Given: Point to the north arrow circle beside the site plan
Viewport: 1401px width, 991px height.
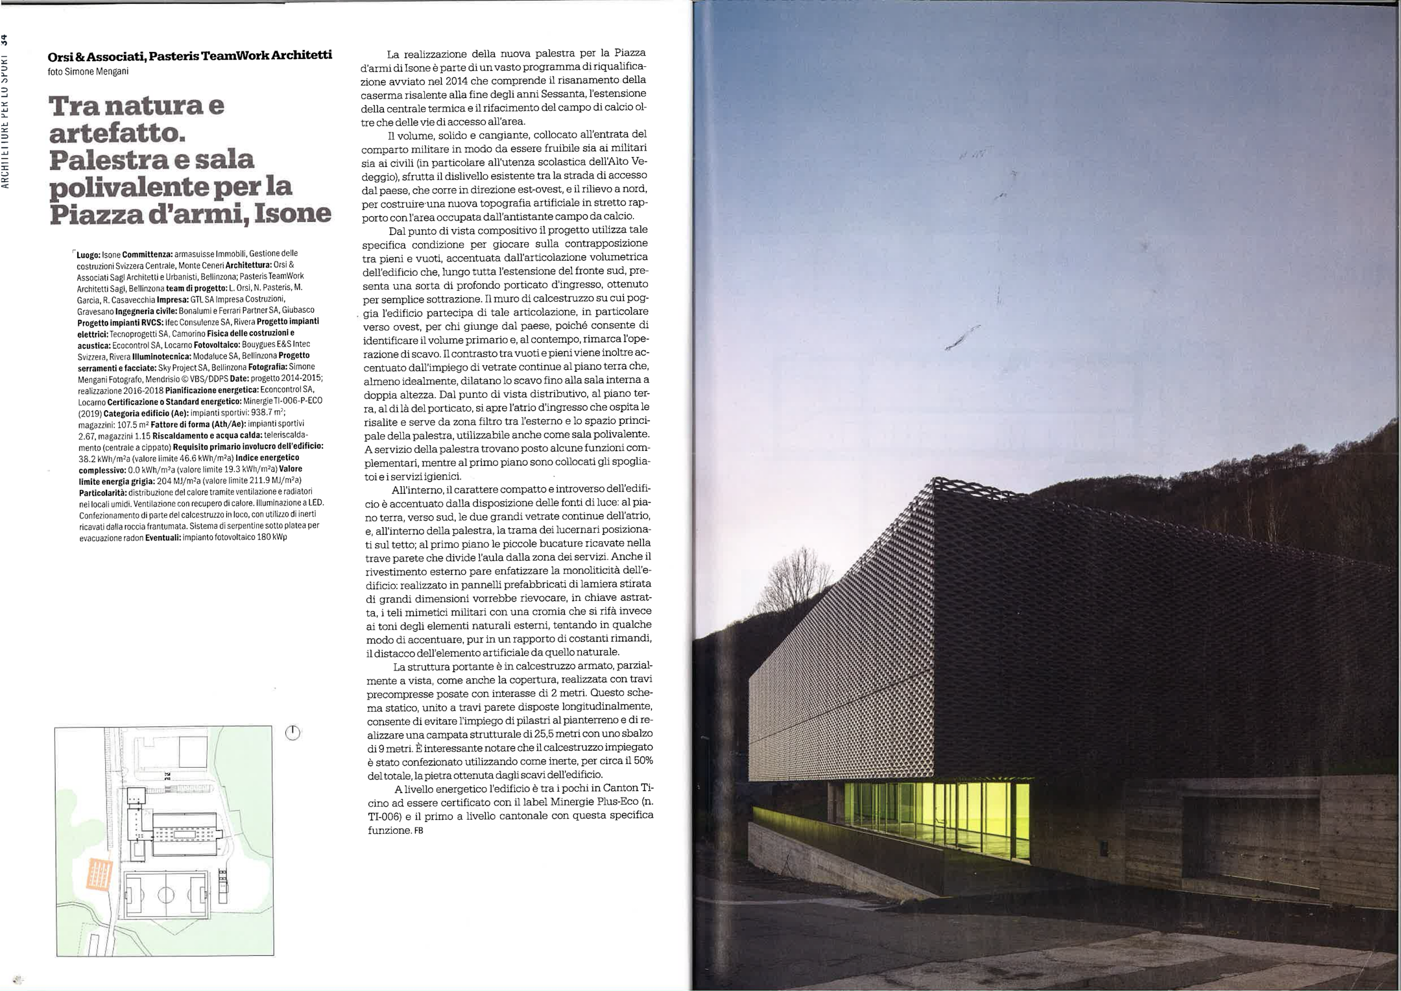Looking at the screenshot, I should [293, 733].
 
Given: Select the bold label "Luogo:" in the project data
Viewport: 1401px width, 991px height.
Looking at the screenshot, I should [88, 255].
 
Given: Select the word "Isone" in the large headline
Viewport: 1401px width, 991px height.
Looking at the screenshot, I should [292, 214].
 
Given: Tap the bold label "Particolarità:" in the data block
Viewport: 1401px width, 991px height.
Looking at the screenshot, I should [104, 492].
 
